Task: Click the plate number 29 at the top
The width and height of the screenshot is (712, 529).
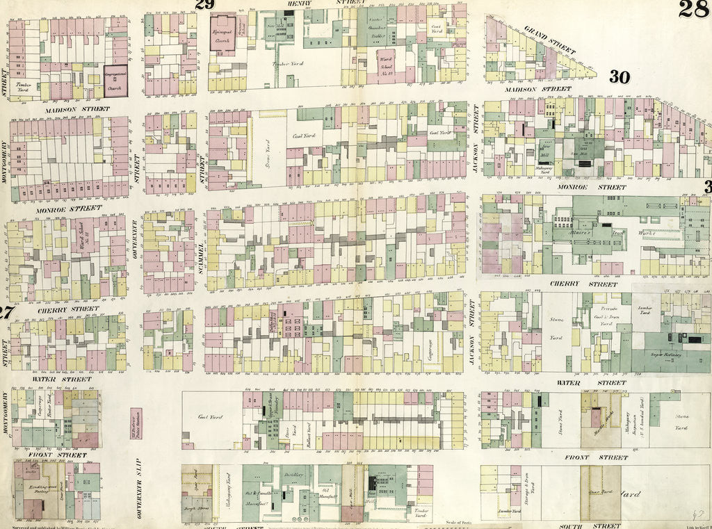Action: coord(204,6)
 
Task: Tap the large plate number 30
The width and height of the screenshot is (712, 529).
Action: coord(619,78)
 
